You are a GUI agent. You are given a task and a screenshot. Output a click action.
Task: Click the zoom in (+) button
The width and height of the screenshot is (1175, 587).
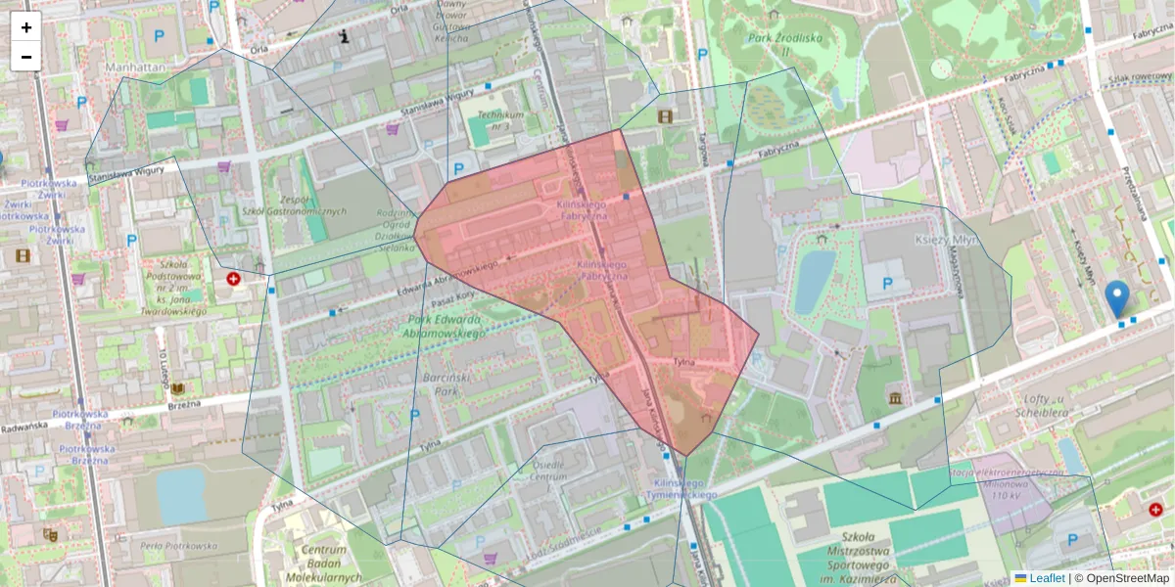click(x=26, y=27)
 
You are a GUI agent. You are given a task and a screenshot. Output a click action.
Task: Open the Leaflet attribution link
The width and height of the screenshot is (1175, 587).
click(x=1047, y=578)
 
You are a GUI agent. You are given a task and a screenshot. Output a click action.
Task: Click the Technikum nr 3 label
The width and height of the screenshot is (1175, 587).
click(x=495, y=121)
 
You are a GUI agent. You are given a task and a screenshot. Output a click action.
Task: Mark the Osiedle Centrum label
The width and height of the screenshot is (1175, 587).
click(x=548, y=471)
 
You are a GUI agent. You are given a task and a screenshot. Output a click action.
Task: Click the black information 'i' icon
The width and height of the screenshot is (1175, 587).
click(x=344, y=37)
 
